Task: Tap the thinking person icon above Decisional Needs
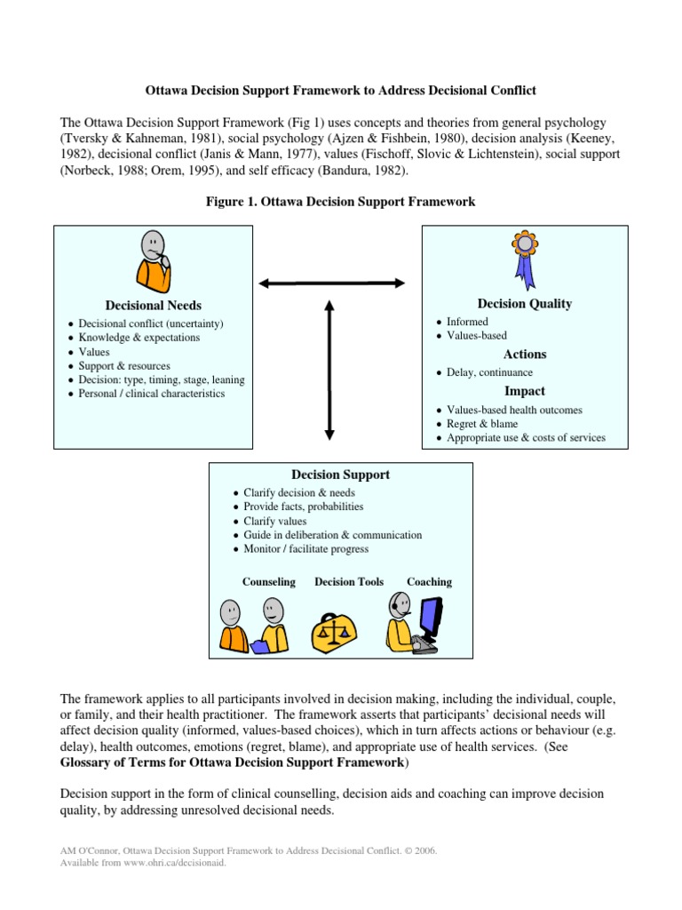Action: (153, 260)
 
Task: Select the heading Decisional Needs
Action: (153, 306)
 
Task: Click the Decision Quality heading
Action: (525, 304)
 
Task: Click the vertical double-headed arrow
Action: (329, 370)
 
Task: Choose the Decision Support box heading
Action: (340, 475)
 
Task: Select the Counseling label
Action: (268, 582)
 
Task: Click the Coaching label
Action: (429, 582)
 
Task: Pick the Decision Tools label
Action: (349, 582)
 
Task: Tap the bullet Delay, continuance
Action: (490, 372)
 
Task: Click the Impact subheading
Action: (524, 391)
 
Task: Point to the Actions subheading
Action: (525, 355)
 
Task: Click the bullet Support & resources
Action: (124, 365)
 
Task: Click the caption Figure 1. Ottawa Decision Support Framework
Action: (340, 202)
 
